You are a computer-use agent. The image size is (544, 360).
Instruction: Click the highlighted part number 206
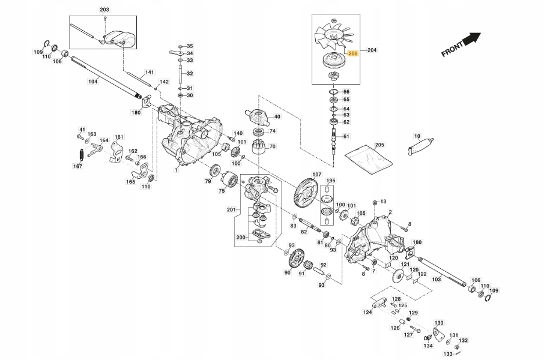coord(353,53)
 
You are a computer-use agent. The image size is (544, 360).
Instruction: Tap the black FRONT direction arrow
coord(473,39)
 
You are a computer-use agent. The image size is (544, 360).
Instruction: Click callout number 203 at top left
coord(104,10)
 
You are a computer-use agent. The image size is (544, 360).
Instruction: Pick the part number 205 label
coord(379,145)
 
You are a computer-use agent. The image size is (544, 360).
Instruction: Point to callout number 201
coord(232,209)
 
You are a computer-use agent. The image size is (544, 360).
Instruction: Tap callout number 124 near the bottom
coord(366,311)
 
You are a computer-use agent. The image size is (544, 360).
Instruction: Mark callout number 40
coord(277,116)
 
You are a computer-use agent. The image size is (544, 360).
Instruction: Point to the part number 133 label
coord(448,354)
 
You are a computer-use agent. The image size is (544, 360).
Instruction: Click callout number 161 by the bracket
coord(119,137)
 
